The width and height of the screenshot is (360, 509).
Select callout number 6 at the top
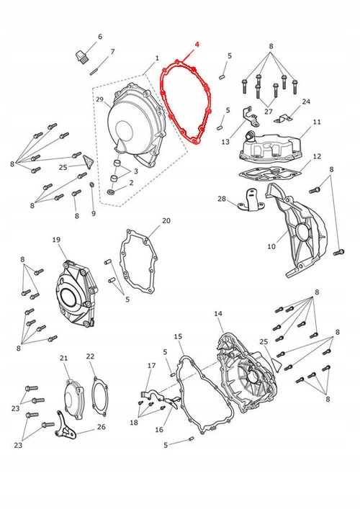tap(100, 37)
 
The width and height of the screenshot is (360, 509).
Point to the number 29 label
tap(99, 99)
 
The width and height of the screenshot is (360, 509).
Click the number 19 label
tap(56, 240)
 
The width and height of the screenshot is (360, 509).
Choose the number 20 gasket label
tap(166, 220)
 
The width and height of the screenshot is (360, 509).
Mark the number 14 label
tap(218, 313)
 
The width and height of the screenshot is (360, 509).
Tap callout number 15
tap(178, 336)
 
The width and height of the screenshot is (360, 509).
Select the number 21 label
tap(63, 359)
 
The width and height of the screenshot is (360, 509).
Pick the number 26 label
tap(100, 426)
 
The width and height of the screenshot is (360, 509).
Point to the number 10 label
tap(271, 246)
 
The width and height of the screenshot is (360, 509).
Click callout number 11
tap(317, 123)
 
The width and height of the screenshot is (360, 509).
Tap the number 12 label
tap(317, 156)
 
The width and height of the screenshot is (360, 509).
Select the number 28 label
tap(222, 199)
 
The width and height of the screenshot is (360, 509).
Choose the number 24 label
tap(306, 102)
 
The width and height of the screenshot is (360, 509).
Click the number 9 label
tap(93, 213)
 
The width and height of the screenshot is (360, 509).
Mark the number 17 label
tap(152, 366)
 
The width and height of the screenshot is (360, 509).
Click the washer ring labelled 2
tap(110, 193)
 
